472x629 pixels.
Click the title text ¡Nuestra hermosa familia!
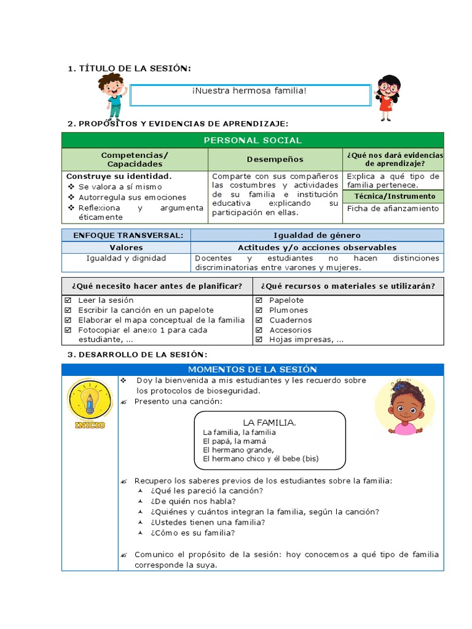(249, 91)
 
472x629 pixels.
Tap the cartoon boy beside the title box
(112, 95)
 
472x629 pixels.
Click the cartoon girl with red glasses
(387, 97)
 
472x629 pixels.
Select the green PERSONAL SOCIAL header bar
(253, 140)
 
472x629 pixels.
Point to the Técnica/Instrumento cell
(393, 196)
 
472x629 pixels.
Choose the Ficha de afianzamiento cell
(393, 208)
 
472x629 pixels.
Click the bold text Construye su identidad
(119, 176)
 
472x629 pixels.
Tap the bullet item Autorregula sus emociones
(132, 197)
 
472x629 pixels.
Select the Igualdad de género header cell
(317, 235)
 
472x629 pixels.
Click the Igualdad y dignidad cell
(126, 258)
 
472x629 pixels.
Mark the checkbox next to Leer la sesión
(68, 300)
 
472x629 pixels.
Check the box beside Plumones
(259, 310)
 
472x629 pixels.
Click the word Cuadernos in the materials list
(290, 320)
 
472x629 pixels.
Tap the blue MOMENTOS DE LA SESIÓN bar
(253, 369)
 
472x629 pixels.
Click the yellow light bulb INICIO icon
(90, 404)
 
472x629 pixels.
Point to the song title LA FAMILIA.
(269, 422)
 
